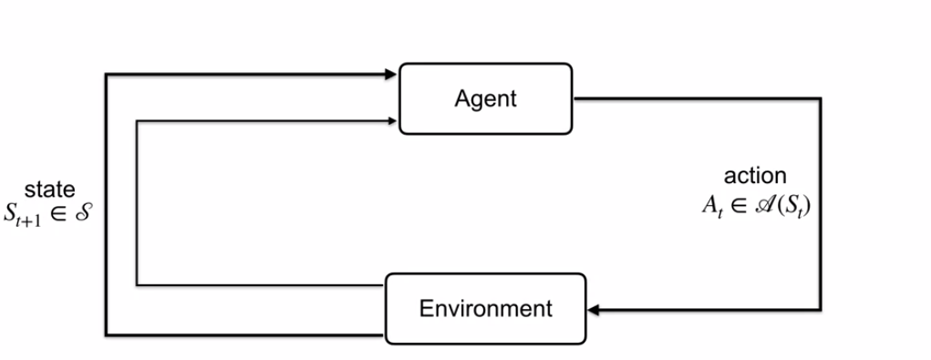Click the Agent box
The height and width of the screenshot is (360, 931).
tap(485, 98)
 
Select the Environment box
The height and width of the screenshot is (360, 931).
tap(485, 309)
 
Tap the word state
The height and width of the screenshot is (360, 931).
tap(50, 190)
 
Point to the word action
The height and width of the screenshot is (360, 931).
tap(755, 177)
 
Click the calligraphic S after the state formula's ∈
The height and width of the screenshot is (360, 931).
tap(85, 215)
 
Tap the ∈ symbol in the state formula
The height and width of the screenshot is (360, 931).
tap(61, 215)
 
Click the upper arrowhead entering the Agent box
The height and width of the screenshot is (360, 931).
tap(393, 74)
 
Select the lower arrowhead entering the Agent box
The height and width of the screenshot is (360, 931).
tap(393, 119)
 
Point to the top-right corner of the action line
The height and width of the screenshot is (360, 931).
tap(821, 98)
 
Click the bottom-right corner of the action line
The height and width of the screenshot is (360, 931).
tap(821, 310)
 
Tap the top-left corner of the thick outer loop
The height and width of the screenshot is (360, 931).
tap(107, 74)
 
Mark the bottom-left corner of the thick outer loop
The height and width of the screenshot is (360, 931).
tap(107, 334)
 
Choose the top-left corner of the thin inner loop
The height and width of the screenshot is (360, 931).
tap(137, 119)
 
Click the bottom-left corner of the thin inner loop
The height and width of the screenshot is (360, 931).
tap(137, 285)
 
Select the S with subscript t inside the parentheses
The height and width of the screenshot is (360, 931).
tap(790, 205)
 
